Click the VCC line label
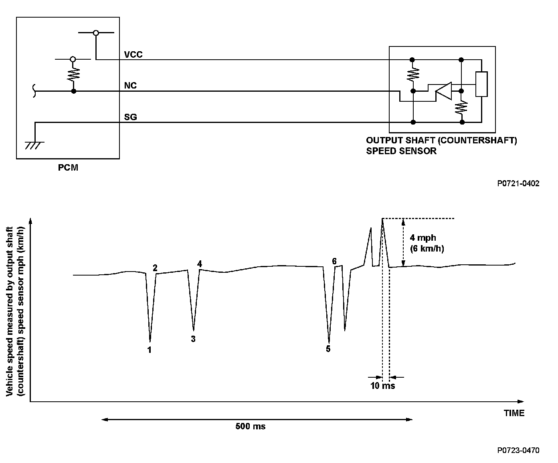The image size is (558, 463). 133,54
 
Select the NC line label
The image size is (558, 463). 130,86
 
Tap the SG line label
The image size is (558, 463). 130,117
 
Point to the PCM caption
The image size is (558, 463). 68,168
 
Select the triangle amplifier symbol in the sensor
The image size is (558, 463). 443,91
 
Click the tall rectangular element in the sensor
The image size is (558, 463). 481,84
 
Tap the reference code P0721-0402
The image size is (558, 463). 518,183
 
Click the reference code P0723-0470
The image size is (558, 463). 518,450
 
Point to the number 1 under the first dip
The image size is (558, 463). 150,350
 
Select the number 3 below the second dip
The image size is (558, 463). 193,339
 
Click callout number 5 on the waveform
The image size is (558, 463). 328,349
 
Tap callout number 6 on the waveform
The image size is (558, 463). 334,261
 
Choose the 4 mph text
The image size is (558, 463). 423,238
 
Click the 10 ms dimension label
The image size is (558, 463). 382,386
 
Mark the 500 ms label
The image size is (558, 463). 250,426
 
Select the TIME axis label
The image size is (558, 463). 514,413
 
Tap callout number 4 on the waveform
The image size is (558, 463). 199,264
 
